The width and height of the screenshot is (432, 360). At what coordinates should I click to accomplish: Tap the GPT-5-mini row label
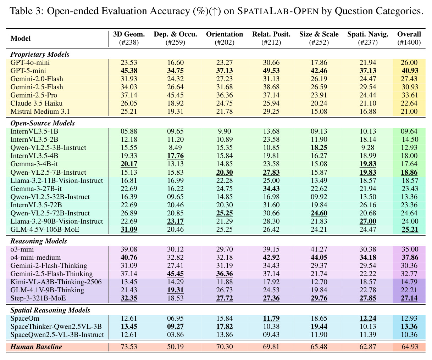click(28, 71)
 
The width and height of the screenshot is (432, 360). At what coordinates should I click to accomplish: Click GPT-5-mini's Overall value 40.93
click(410, 71)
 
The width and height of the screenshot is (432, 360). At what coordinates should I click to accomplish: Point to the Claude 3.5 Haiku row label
click(37, 103)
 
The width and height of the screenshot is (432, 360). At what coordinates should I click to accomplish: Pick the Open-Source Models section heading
click(43, 123)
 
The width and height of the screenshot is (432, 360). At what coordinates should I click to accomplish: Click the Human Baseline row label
click(36, 347)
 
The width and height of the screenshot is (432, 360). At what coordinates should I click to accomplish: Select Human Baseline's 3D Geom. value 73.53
click(129, 347)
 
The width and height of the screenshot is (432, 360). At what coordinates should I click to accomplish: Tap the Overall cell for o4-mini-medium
click(410, 258)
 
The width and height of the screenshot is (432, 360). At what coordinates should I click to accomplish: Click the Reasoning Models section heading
click(39, 241)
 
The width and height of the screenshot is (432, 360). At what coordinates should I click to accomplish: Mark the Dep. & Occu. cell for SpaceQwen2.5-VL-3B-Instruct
click(176, 334)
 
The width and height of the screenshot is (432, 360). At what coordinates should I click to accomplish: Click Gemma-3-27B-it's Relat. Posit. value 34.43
click(271, 189)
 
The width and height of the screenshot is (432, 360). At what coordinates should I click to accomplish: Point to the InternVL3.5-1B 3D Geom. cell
click(129, 131)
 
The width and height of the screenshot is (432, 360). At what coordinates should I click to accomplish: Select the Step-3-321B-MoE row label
click(38, 298)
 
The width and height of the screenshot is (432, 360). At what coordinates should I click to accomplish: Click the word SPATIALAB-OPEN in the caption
click(278, 11)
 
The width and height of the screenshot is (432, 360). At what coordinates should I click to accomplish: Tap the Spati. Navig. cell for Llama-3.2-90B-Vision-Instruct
click(368, 221)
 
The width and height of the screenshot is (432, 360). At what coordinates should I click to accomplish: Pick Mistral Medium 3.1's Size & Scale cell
click(319, 111)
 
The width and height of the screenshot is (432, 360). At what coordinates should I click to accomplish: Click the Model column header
click(21, 38)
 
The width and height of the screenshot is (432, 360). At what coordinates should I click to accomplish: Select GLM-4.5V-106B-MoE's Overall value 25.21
click(410, 229)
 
